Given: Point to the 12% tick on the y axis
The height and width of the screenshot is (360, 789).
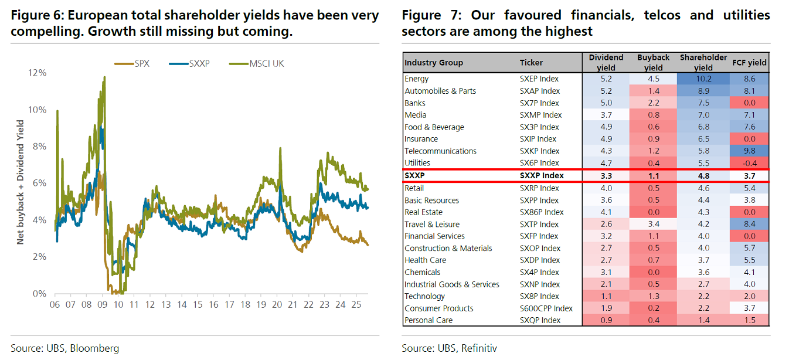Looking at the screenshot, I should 37,73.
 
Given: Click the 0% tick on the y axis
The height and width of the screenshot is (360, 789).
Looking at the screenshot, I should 39,294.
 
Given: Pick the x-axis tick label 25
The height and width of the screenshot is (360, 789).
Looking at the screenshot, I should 355,305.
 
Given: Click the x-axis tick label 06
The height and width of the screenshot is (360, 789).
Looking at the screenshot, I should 55,305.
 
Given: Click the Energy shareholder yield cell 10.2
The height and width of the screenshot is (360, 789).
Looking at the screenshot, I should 703,79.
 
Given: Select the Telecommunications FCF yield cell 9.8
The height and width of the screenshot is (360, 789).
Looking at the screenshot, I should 749,151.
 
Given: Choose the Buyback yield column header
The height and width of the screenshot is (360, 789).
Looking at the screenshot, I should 653,62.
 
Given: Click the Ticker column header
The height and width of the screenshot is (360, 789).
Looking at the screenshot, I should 531,63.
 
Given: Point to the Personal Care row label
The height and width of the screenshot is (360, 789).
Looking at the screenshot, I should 428,320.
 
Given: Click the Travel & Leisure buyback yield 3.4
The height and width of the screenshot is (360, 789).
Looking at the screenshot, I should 653,224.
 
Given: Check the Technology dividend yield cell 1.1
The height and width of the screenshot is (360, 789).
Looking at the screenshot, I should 606,296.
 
